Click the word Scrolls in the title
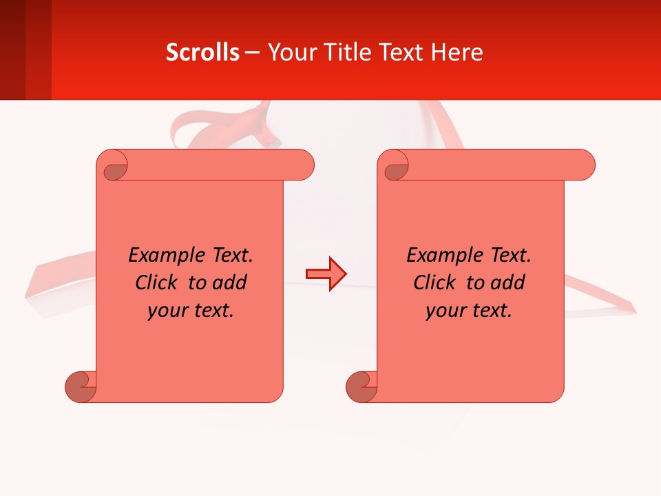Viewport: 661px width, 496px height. point(202,52)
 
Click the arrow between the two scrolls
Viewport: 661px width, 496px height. point(326,274)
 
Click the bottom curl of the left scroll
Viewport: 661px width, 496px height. point(81,386)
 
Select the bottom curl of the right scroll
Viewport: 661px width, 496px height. point(361,386)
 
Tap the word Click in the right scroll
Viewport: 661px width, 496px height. point(434,282)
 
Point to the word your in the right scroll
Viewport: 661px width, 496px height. point(445,311)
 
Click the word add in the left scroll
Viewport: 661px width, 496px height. point(231,282)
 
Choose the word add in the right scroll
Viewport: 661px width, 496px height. point(509,282)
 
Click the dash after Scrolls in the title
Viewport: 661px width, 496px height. point(252,53)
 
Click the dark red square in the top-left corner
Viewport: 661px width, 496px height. point(12,50)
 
